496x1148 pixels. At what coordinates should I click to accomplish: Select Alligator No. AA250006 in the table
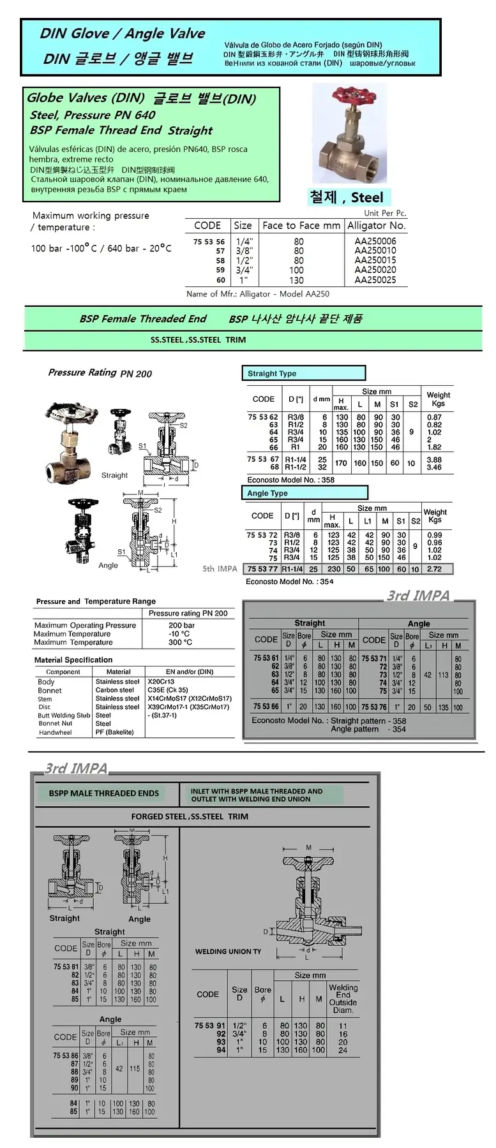coord(375,241)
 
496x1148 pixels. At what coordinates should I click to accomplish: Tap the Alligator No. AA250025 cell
coord(375,280)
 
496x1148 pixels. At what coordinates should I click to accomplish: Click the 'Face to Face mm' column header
coord(301,225)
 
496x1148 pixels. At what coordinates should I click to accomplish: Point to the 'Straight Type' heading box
coord(303,373)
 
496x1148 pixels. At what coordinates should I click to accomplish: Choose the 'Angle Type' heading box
coord(304,493)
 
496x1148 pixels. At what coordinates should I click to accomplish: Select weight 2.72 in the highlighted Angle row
coord(434,569)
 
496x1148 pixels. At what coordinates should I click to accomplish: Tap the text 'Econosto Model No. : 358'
coord(290,480)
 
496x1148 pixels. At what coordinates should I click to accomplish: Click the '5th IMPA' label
coord(220,568)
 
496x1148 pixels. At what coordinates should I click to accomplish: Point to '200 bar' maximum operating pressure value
coord(182,625)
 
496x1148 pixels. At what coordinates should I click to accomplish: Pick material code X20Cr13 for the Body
coord(161,681)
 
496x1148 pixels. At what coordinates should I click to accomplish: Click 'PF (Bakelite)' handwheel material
coord(114,732)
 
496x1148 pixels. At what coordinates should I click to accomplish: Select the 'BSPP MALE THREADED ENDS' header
coord(104,793)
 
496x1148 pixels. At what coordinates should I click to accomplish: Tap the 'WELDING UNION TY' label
coord(228,951)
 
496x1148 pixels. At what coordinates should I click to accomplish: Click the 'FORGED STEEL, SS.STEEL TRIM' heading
coord(190,816)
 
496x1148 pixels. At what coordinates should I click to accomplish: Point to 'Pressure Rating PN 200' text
coord(100,373)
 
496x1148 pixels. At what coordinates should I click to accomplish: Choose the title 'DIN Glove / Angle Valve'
coord(123,33)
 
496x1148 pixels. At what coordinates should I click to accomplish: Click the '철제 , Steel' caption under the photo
coord(346,197)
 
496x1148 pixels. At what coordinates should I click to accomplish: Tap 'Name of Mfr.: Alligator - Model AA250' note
coord(258,294)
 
